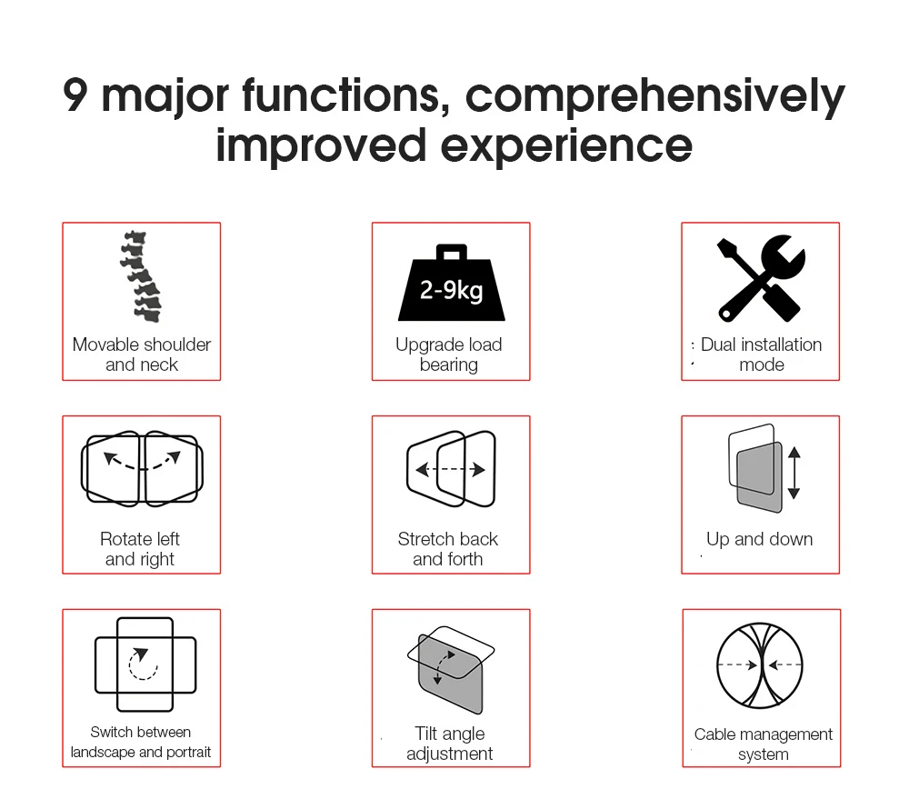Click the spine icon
pos(141,277)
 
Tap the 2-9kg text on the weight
pos(451,290)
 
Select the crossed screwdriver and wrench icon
pos(761,278)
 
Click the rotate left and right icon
pos(142,468)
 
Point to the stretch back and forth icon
pos(451,469)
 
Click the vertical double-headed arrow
pos(794,473)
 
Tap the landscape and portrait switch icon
pos(145,664)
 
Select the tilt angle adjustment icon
pos(451,669)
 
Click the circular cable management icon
pos(760,665)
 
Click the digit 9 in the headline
pos(75,95)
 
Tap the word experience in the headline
pos(566,146)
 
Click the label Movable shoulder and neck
pos(142,355)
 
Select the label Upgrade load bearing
pos(449,355)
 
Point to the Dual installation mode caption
pos(761,355)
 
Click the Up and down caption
pos(759,540)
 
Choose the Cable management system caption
pos(763,744)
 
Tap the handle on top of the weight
pos(452,252)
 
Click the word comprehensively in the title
pos(655,96)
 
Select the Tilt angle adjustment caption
pos(449,744)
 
